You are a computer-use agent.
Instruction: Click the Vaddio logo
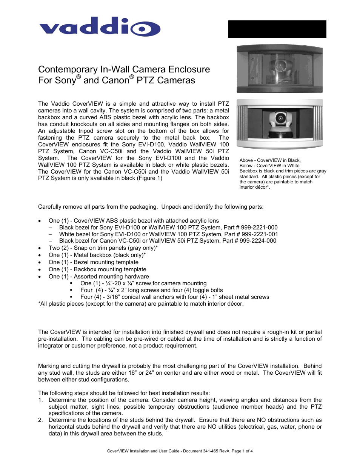pyautogui.click(x=100, y=27)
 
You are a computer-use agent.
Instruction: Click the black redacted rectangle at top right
pyautogui.click(x=277, y=29)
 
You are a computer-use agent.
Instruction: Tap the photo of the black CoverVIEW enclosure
pyautogui.click(x=279, y=69)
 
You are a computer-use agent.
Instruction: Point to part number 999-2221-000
pyautogui.click(x=259, y=228)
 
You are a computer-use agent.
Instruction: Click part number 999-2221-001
pyautogui.click(x=260, y=234)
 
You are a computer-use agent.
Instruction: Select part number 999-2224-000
pyautogui.click(x=258, y=241)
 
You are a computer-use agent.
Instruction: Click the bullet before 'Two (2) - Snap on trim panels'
pyautogui.click(x=40, y=248)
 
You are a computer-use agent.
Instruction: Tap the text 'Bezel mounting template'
pyautogui.click(x=106, y=262)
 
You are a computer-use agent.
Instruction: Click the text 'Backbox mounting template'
pyautogui.click(x=110, y=269)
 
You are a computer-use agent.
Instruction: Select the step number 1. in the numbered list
pyautogui.click(x=40, y=400)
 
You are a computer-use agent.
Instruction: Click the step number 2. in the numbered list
pyautogui.click(x=40, y=420)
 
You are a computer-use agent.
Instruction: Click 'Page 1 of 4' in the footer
pyautogui.click(x=242, y=451)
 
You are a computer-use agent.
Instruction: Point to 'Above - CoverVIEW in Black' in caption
pyautogui.click(x=270, y=160)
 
